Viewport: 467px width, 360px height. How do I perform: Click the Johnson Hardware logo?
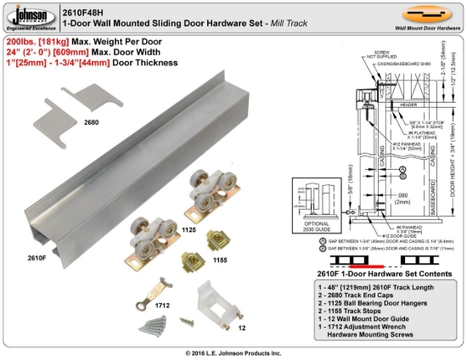click(28, 17)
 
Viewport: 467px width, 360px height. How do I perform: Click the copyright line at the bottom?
click(233, 352)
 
